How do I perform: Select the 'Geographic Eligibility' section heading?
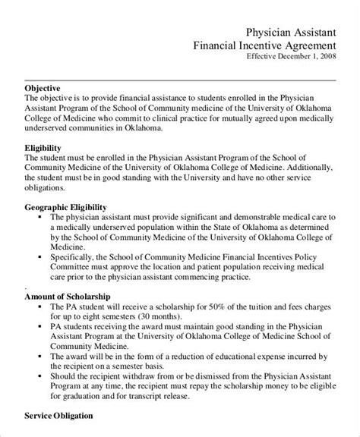pos(65,206)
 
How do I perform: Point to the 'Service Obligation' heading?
pos(58,416)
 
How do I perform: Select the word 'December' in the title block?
pos(286,55)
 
